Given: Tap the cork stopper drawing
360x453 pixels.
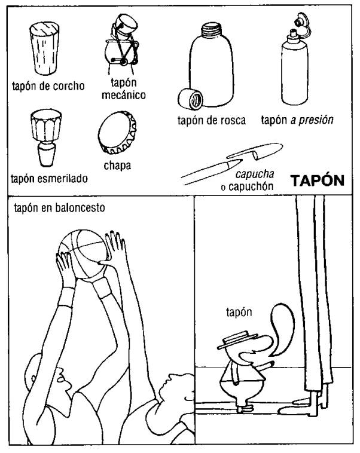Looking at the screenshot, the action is (44, 48).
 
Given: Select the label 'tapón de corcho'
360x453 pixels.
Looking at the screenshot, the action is (48, 86).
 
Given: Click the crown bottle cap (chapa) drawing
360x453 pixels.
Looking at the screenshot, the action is (117, 133).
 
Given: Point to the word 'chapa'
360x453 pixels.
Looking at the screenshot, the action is (117, 166).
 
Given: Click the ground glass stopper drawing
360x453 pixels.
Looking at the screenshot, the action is (46, 137).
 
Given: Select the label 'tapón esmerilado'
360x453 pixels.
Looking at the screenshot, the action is (49, 179).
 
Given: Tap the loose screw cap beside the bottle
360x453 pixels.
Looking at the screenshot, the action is (190, 99).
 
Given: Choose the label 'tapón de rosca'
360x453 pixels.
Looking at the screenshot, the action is (212, 120).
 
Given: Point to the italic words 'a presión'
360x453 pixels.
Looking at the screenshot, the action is (312, 120).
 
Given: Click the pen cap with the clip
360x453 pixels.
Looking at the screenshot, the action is (255, 151).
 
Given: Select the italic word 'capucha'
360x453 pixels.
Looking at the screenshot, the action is (255, 174).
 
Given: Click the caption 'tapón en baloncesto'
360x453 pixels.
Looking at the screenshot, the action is (59, 208).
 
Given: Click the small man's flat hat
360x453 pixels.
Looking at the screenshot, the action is (237, 339).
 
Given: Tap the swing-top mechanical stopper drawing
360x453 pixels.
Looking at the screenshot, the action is (123, 42).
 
